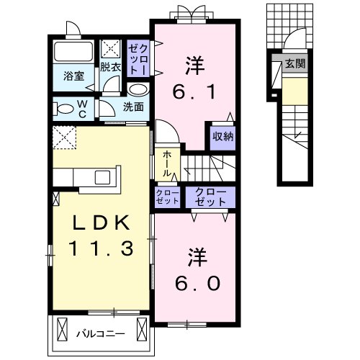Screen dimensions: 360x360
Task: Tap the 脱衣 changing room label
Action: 110,67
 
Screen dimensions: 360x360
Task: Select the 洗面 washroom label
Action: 132,107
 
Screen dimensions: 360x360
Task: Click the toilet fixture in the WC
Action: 64,109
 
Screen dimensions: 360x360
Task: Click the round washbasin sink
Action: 138,89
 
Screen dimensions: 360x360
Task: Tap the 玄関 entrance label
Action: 295,65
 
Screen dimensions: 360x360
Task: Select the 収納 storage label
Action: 222,137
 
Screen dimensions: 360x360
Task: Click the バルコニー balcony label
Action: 101,333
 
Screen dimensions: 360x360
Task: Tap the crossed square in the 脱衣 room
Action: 111,48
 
